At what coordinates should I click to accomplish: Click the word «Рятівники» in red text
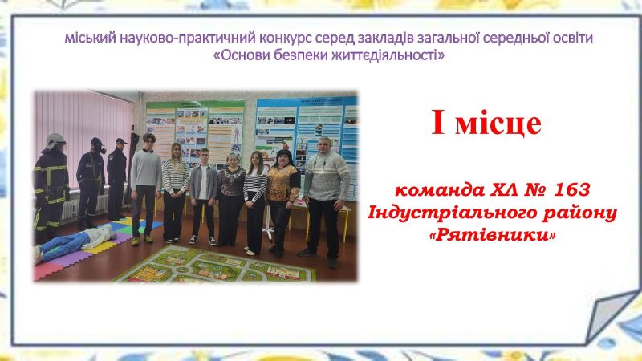pos(493,235)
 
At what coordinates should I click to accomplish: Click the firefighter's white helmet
pos(55,140)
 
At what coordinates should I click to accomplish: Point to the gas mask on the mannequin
pos(98,145)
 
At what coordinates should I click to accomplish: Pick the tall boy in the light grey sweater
pos(145,189)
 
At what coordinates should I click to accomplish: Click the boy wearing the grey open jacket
pos(204,197)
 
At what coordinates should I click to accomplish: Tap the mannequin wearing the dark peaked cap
pos(117,178)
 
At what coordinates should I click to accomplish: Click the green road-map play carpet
pos(215,265)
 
